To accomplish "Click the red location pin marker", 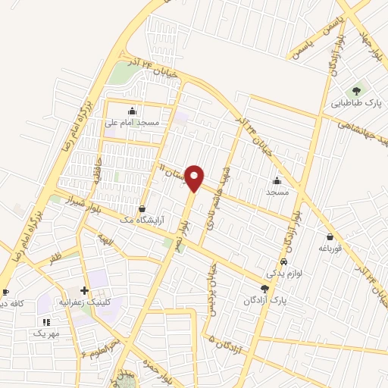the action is tap(195, 178).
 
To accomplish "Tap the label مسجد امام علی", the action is tap(133, 122).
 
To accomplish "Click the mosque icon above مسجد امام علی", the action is tap(133, 111).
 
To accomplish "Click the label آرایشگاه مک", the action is tap(142, 218).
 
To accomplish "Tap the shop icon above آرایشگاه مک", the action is tap(142, 208).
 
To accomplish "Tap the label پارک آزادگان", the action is tap(265, 299).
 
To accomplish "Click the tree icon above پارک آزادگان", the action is tap(264, 289).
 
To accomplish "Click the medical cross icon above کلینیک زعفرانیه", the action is tap(84, 291).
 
